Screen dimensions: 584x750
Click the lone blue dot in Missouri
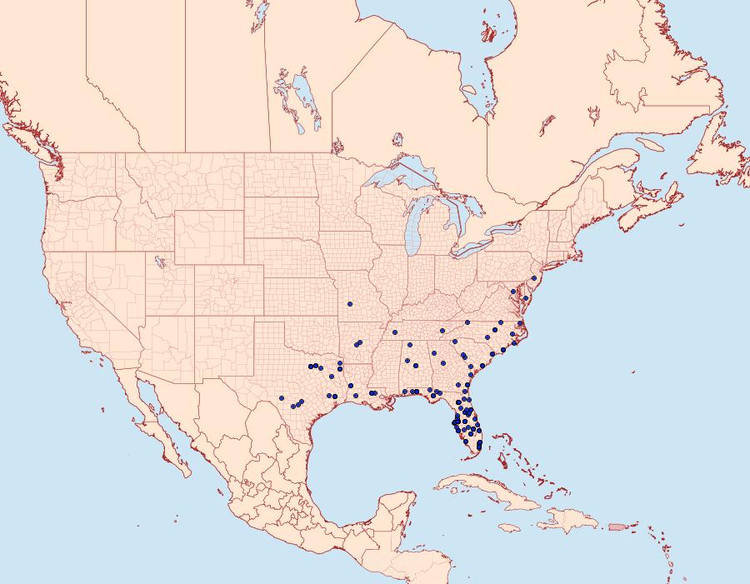[x=350, y=303]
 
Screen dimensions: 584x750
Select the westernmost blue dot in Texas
[x=282, y=397]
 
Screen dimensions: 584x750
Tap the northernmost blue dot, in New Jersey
[x=533, y=278]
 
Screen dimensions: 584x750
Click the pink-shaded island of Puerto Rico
[x=617, y=525]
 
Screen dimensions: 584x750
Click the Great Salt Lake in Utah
[x=156, y=262]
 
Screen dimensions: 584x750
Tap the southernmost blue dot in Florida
[x=479, y=447]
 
